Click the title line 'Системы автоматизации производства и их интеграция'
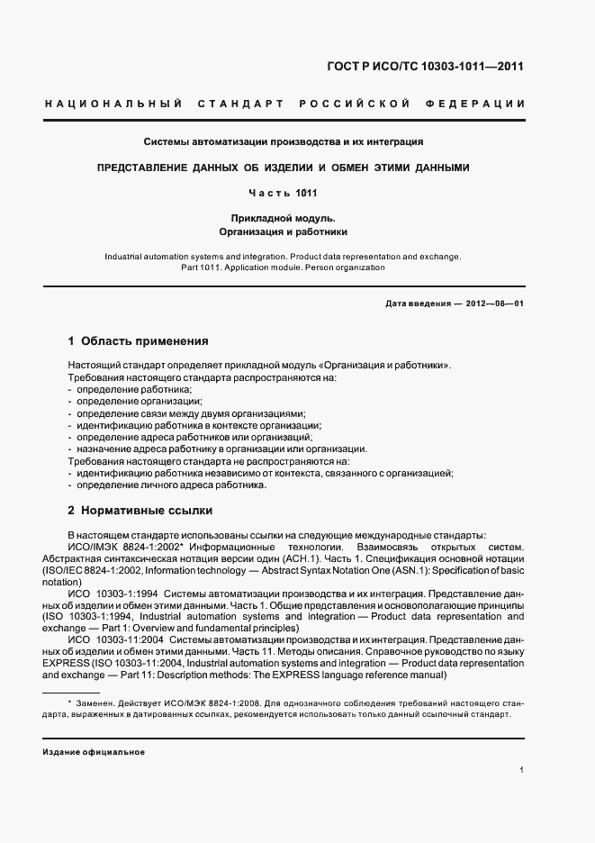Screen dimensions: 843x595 pos(284,141)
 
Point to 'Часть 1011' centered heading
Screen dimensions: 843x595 pos(284,193)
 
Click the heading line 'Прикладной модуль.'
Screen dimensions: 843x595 pos(284,218)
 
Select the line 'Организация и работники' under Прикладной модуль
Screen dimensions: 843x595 pos(284,232)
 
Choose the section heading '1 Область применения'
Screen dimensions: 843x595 pos(138,341)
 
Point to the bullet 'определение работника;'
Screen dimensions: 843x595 pos(128,389)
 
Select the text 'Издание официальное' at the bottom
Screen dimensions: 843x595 pos(94,752)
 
